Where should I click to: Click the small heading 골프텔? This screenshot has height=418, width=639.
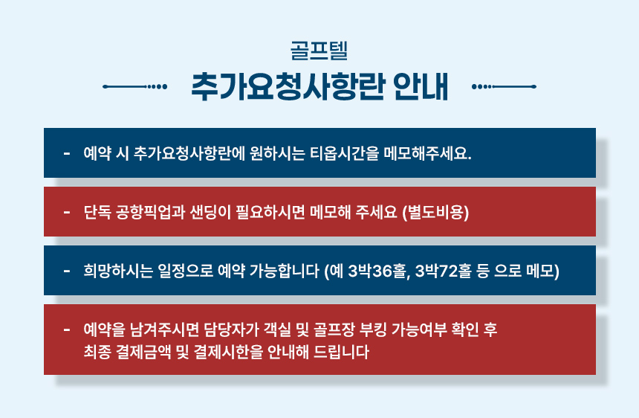[x=319, y=51]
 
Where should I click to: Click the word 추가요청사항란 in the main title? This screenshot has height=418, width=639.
[x=288, y=86]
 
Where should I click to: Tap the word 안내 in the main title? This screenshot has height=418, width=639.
[x=421, y=86]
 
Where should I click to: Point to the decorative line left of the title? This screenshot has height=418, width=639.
[x=135, y=86]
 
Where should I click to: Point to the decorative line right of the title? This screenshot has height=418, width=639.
[x=504, y=86]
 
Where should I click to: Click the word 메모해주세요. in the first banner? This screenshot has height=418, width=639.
[x=427, y=153]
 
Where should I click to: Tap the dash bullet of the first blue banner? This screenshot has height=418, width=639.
[x=67, y=154]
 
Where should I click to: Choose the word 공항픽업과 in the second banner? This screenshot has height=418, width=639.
[x=150, y=212]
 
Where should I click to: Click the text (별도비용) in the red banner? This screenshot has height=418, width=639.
[x=435, y=212]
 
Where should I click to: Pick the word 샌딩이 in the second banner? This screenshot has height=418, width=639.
[x=211, y=212]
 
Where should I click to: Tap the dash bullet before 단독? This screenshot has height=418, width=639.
[x=67, y=213]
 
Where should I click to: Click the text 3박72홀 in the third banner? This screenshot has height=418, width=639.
[x=444, y=271]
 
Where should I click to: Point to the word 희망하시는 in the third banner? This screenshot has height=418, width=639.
[x=118, y=271]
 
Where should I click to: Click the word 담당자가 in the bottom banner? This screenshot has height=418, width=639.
[x=232, y=329]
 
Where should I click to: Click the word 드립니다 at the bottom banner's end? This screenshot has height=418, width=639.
[x=341, y=352]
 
